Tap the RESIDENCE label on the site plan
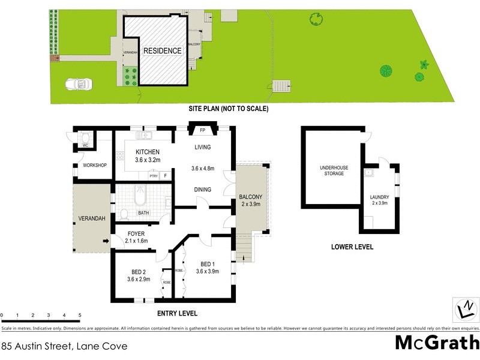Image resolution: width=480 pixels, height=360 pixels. [161, 51]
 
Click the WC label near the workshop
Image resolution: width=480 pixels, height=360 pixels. [85, 146]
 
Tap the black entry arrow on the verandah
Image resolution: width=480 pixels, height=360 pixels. [106, 241]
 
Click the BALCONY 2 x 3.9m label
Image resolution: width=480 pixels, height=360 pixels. [250, 200]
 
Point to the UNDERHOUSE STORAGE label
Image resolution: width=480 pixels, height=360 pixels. [331, 170]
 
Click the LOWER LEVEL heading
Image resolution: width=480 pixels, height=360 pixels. [352, 247]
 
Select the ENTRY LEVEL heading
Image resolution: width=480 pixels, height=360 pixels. [176, 313]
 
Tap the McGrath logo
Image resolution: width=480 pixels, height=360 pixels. [436, 343]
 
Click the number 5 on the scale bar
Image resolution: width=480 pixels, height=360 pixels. [79, 315]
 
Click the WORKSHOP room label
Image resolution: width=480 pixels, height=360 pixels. [95, 165]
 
